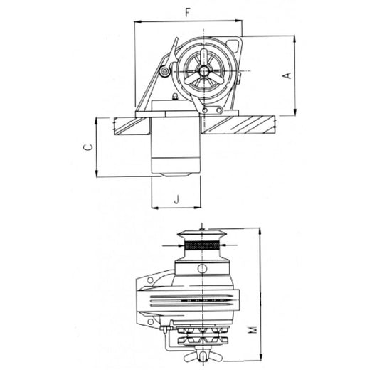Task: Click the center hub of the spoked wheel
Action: point(204,71)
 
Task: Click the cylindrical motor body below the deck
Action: point(174,146)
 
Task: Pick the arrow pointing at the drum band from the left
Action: point(176,246)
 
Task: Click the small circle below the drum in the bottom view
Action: point(203,269)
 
